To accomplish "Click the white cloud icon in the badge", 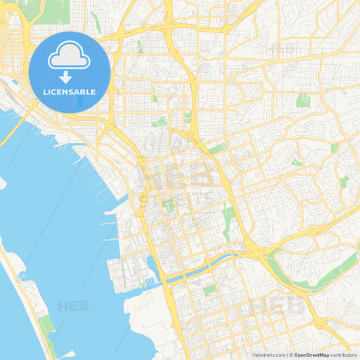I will (x=70, y=56).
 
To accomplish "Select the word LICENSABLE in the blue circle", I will (x=70, y=92).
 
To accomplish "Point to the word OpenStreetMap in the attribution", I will (x=311, y=354).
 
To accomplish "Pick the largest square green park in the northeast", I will (x=303, y=101).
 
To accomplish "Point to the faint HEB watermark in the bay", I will (x=73, y=306).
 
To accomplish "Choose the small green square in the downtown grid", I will (x=169, y=205).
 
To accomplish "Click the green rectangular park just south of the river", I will (x=210, y=289).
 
